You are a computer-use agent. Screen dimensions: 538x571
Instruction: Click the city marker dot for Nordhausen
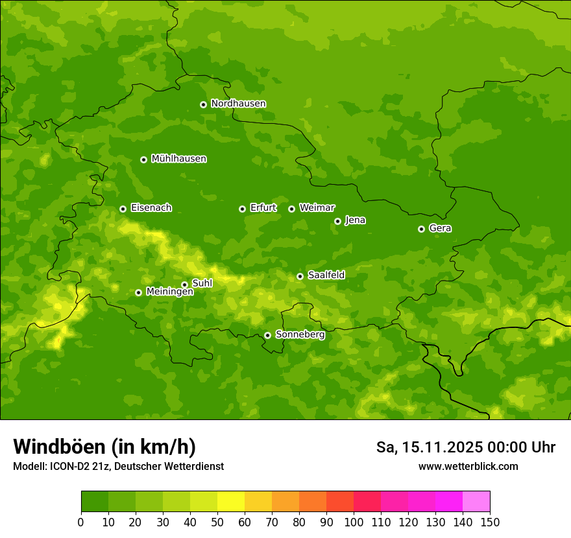click(203, 104)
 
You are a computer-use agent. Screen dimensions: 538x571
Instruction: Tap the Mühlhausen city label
click(178, 159)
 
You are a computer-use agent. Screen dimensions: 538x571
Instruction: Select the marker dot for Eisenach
click(123, 209)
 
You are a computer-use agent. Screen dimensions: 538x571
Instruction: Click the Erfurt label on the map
click(263, 208)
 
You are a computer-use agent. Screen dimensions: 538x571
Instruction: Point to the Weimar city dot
click(291, 209)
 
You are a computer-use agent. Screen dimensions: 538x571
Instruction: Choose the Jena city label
click(355, 220)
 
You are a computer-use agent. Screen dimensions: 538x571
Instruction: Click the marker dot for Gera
click(421, 229)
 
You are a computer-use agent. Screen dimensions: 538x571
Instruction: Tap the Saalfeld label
click(326, 275)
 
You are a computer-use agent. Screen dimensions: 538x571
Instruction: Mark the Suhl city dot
click(184, 285)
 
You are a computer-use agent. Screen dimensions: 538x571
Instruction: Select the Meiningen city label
click(169, 292)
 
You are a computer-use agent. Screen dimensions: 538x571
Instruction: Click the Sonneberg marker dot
click(267, 335)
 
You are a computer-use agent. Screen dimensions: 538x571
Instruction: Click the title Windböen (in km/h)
click(104, 447)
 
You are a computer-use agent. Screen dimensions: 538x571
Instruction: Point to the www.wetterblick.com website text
click(468, 466)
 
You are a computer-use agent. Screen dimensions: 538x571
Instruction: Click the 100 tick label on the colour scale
click(354, 522)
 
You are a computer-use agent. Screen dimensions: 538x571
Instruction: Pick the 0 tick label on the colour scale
click(81, 522)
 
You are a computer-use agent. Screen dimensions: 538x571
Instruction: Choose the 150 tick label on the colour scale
click(490, 522)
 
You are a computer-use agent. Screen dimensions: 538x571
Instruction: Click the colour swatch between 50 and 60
click(231, 502)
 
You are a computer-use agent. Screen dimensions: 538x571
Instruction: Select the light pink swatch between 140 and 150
click(476, 502)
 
